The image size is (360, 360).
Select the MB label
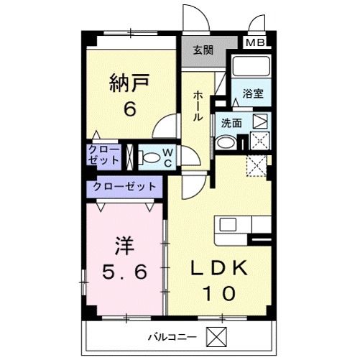coord(255,43)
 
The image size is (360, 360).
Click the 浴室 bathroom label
coord(252,94)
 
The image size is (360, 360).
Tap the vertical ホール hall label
coord(197,106)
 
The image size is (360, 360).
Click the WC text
coord(167,157)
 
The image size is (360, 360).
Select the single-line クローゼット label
coord(123,185)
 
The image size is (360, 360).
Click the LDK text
coord(219,268)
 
